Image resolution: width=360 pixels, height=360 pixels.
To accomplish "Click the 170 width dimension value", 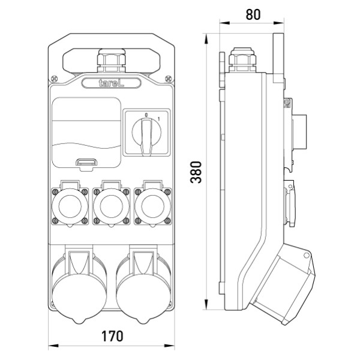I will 112,335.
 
